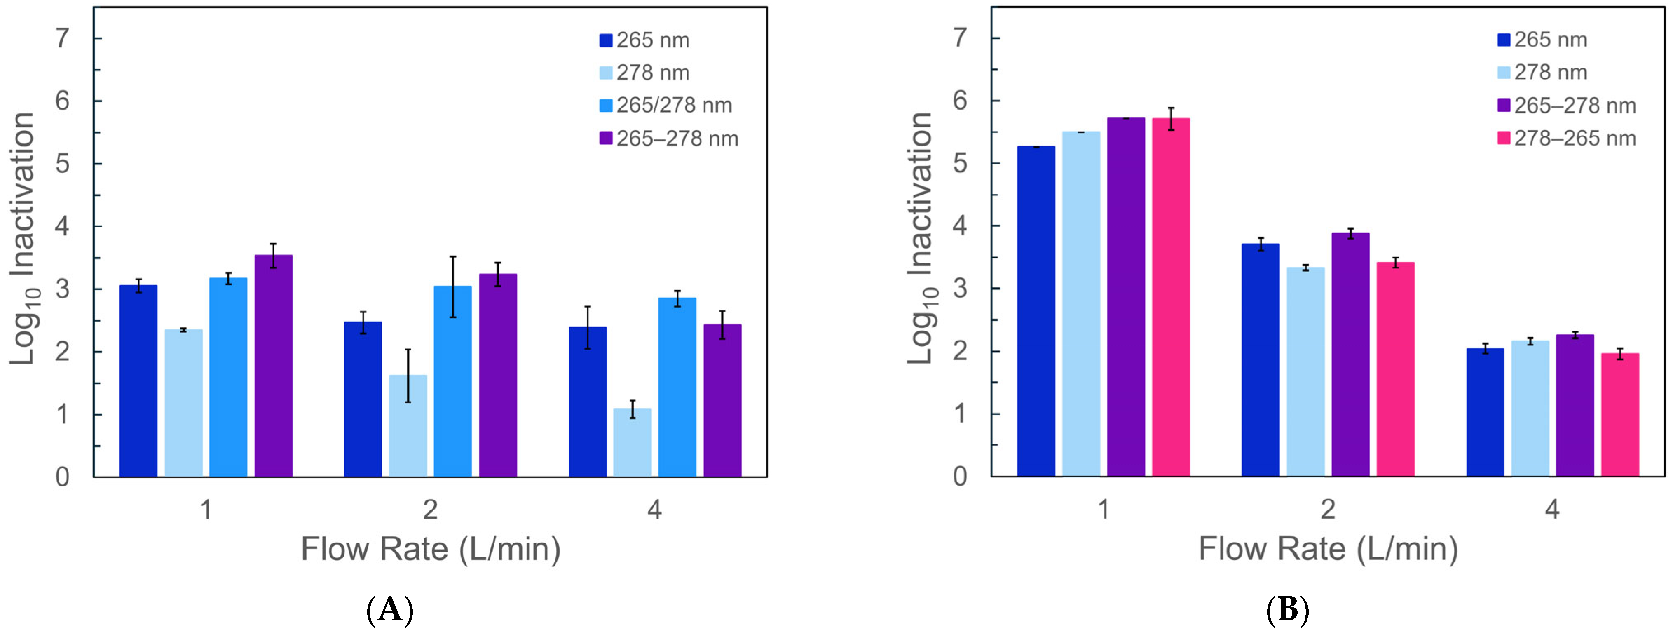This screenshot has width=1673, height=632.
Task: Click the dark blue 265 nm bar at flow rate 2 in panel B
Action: click(1261, 360)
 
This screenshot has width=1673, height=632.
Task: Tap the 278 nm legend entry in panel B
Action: click(1542, 72)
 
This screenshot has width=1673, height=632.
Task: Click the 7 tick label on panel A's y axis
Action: click(62, 38)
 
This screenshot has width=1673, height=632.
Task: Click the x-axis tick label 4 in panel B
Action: click(1551, 509)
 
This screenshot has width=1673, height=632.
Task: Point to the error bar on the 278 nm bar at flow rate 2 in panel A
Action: click(408, 376)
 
